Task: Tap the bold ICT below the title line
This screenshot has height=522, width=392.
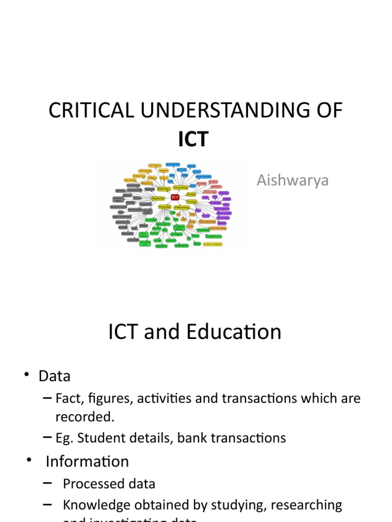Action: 193,139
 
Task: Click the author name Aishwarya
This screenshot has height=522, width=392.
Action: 293,180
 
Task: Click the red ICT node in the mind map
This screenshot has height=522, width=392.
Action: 175,196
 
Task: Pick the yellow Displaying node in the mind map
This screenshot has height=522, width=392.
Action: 158,198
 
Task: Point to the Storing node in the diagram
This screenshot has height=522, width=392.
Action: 191,194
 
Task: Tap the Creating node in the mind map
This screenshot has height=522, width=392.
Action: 192,202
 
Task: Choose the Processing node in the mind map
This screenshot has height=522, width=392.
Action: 164,206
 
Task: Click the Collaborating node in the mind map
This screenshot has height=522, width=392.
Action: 182,207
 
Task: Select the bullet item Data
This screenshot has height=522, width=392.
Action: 54,376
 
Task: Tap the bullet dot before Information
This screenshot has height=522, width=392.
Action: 29,460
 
